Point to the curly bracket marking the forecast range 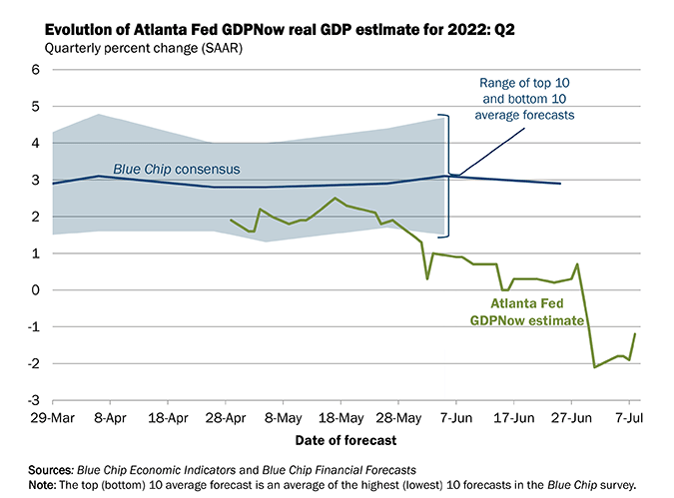tap(448, 176)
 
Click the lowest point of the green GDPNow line tap(595, 367)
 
